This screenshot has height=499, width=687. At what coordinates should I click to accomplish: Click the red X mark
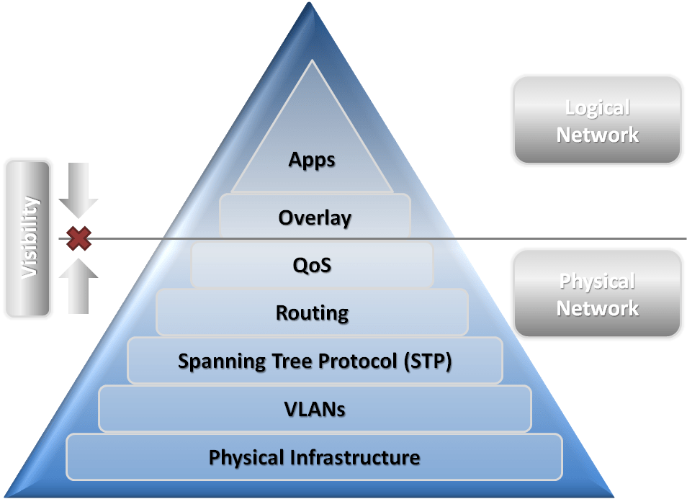coord(78,238)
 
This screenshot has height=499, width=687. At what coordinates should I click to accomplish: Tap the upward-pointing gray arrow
coord(78,286)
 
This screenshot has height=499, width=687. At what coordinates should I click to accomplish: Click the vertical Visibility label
coord(28,238)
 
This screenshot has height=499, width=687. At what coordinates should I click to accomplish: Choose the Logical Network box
coord(597,120)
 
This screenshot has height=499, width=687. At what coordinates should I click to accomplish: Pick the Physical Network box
coord(597,294)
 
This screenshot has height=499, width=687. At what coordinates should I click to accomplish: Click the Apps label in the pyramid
coord(312,159)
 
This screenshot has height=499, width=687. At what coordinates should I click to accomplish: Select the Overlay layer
coord(315,217)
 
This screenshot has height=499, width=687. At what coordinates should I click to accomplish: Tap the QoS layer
coord(312,265)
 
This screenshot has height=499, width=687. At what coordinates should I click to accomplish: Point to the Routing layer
coord(312,313)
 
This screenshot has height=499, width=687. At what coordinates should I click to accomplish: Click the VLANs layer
coord(315,409)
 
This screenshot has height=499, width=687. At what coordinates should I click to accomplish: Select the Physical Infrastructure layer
coord(314,457)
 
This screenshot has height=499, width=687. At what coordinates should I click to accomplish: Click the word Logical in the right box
coord(597,108)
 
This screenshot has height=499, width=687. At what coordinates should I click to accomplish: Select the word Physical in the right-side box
coord(597,282)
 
